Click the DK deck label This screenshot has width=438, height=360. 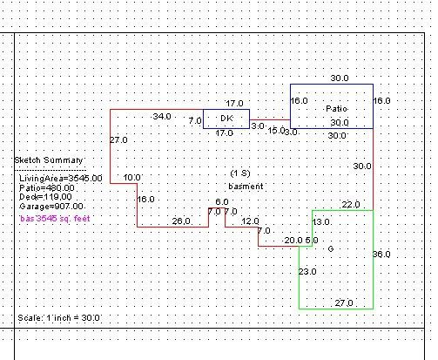click(226, 119)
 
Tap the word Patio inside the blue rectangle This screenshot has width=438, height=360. click(336, 109)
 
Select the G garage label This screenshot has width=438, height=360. click(331, 248)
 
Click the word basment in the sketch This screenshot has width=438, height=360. click(246, 187)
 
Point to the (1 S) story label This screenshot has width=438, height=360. click(240, 173)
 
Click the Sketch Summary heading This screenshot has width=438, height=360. click(49, 160)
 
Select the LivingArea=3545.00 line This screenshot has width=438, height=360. click(61, 178)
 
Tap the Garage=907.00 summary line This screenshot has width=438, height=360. click(51, 207)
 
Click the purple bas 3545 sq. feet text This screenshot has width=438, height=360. click(55, 219)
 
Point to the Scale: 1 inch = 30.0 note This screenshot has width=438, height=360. click(58, 317)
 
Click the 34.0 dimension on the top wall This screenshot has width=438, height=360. click(162, 117)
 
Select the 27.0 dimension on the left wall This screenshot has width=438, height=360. click(118, 140)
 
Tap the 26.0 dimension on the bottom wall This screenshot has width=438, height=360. click(181, 221)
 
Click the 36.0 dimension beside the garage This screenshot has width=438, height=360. click(381, 255)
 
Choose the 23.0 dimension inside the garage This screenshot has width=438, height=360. click(307, 272)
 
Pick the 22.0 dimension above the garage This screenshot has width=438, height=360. click(351, 205)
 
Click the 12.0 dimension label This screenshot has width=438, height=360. click(250, 221)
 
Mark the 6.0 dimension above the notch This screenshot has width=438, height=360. click(222, 201)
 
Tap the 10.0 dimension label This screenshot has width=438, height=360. click(132, 178)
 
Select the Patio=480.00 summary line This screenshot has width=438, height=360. click(47, 188)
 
